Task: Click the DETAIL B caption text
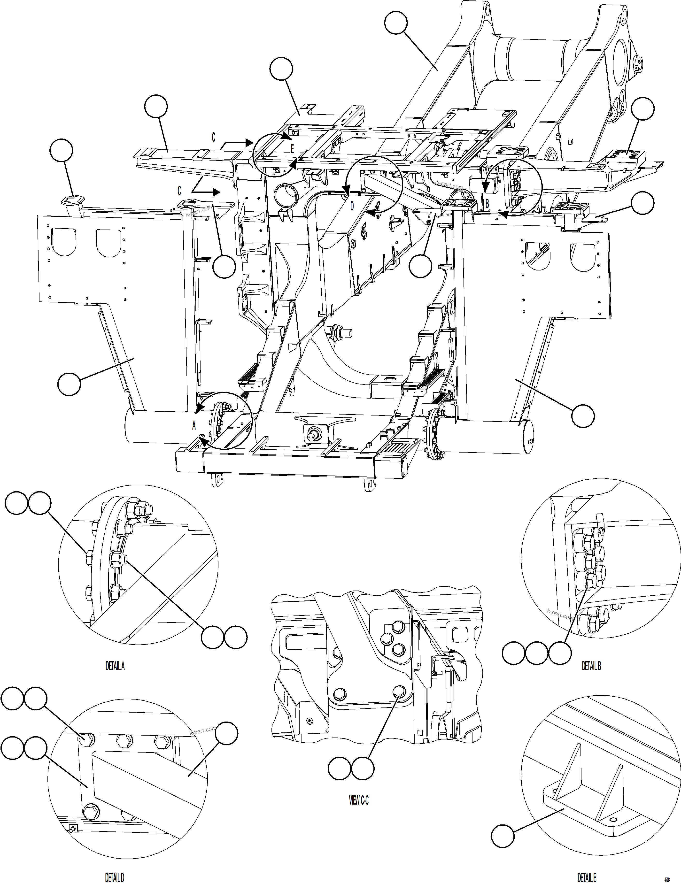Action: pos(591,666)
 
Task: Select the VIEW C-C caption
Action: pos(359,800)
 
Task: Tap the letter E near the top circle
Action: pos(292,149)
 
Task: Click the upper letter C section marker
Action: pos(213,137)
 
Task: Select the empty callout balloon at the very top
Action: pos(395,23)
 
